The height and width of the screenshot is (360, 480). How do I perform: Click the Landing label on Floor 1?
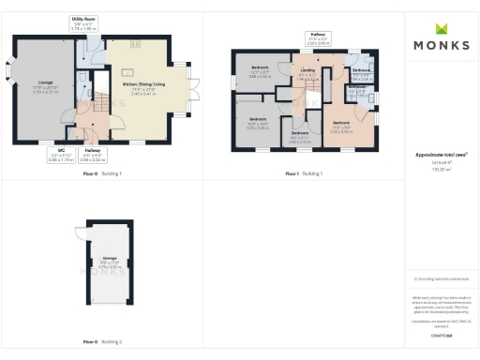[307, 71]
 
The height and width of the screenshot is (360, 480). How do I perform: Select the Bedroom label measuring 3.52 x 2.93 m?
[341, 122]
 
